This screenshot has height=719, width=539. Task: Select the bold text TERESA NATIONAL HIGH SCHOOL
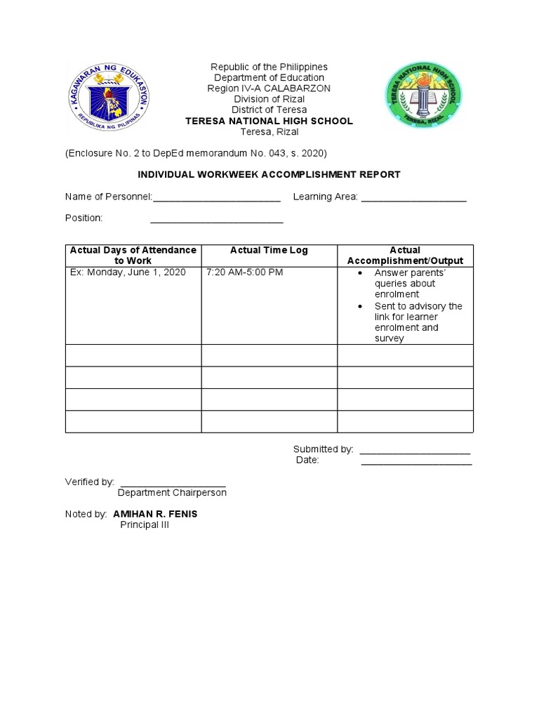269,121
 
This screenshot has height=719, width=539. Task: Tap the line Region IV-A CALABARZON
269,88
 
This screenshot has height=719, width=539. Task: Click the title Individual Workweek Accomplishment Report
269,174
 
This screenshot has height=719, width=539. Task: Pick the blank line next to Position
217,220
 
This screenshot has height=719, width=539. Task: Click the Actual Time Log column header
269,251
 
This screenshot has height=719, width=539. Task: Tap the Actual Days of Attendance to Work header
133,256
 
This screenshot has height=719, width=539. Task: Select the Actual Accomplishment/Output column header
405,256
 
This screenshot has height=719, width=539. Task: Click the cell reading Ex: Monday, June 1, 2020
128,272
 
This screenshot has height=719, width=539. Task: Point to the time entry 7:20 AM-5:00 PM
244,272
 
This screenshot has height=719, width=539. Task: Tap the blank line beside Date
416,461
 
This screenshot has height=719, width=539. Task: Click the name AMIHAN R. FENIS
155,514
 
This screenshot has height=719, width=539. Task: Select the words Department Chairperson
172,493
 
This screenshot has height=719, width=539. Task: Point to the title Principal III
145,525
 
